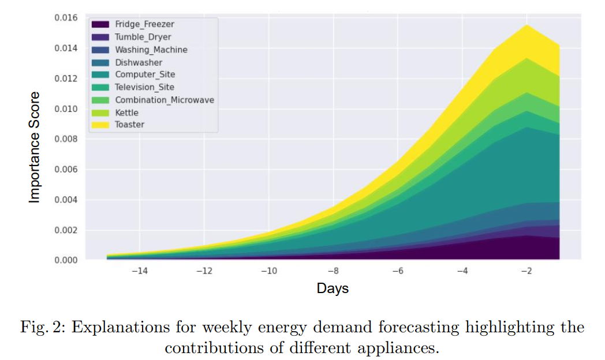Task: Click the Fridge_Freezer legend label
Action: click(x=144, y=24)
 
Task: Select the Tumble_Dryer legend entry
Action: click(x=143, y=37)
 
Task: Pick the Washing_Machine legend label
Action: click(x=151, y=50)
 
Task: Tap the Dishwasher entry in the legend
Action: click(x=139, y=62)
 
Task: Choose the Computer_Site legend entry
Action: click(x=145, y=74)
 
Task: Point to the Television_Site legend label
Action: click(x=144, y=87)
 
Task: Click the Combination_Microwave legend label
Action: click(x=165, y=100)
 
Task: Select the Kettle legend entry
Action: click(x=126, y=112)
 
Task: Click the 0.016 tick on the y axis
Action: click(x=66, y=17)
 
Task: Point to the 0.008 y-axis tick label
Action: click(x=66, y=139)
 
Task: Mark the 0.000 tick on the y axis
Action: click(x=66, y=260)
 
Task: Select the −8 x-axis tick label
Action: click(x=333, y=272)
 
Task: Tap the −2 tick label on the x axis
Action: click(x=526, y=272)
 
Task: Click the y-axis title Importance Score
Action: click(x=35, y=147)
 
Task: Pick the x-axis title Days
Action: click(x=333, y=288)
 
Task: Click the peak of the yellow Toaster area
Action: click(x=526, y=26)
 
